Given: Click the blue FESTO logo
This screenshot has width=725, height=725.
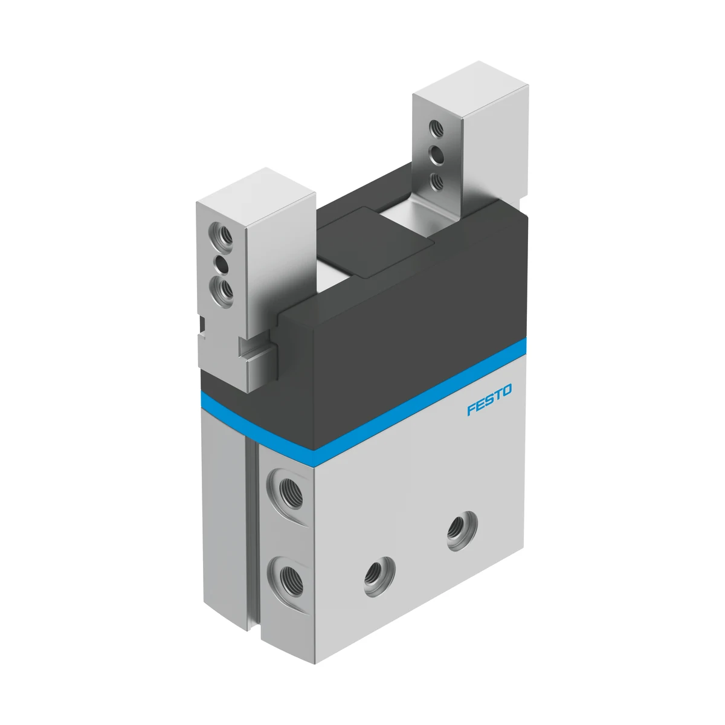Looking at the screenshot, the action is click(489, 399).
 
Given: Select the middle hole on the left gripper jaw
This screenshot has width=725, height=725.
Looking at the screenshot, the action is click(222, 266).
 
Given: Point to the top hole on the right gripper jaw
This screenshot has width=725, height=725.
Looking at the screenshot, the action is click(436, 129).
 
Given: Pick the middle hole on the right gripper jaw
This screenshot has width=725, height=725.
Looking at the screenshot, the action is click(436, 155).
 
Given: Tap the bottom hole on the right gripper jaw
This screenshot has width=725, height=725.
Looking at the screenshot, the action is click(436, 182).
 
